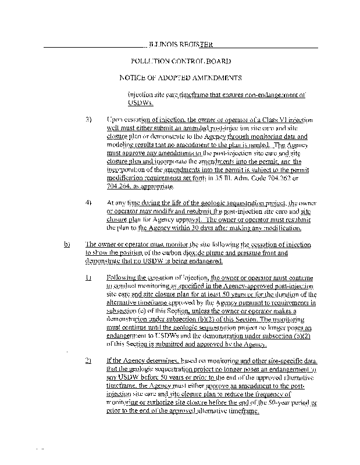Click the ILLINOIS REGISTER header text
180,44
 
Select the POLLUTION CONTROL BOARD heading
180,61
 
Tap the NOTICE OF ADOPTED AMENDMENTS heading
180,78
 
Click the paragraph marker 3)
89,119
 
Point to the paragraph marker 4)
89,203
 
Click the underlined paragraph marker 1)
88,278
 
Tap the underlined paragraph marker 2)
88,361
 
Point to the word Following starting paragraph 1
124,278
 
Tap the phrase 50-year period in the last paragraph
287,403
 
